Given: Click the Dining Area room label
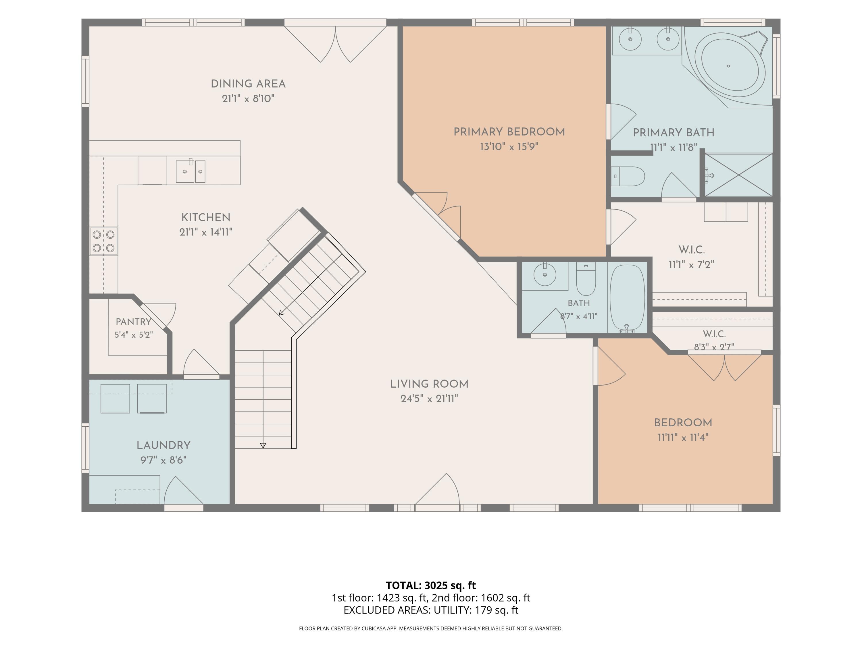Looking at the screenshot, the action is tap(248, 84).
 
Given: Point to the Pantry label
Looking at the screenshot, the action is tap(133, 322).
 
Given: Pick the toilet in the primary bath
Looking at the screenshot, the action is tap(628, 176).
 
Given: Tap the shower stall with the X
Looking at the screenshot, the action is tap(739, 175).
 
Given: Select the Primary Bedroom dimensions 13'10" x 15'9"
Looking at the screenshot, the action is tap(509, 147).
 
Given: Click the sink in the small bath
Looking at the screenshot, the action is tap(545, 274).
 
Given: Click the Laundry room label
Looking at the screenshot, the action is tap(164, 445).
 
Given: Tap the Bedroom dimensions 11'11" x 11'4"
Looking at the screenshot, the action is tap(683, 438).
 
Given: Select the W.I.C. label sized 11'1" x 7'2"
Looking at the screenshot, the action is tap(692, 249).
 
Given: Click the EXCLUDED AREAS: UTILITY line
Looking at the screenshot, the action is tap(431, 610).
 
